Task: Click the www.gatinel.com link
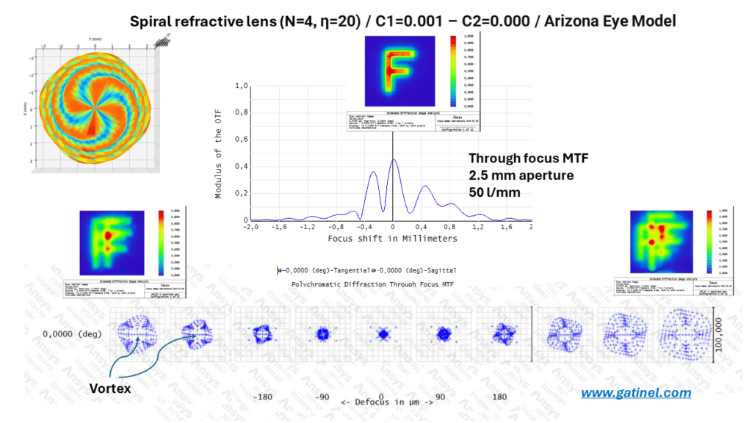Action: [x=636, y=393]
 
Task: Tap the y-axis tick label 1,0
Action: [x=241, y=86]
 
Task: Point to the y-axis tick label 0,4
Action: [x=241, y=166]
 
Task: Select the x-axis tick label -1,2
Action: [x=305, y=228]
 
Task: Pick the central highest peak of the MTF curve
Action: [x=394, y=159]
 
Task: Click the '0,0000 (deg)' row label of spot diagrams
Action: [x=70, y=334]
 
